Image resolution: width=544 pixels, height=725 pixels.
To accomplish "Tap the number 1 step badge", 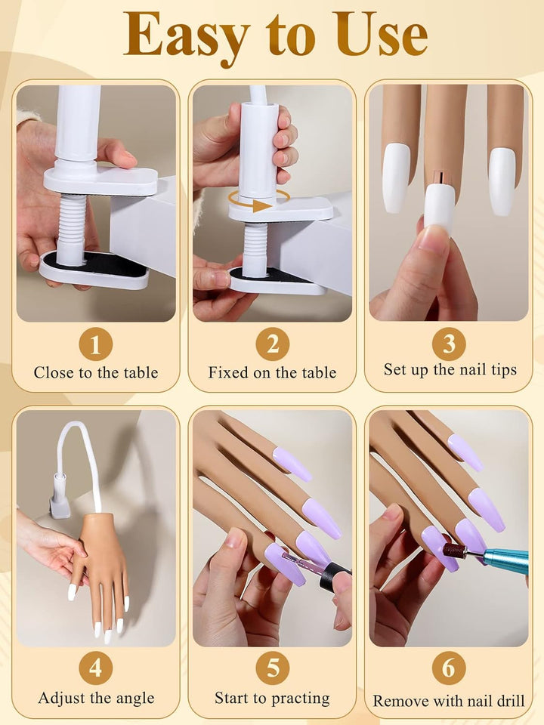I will (x=95, y=344).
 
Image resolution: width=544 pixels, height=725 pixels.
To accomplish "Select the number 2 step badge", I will (x=272, y=344).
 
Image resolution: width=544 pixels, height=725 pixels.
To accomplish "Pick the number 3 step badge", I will (x=449, y=344).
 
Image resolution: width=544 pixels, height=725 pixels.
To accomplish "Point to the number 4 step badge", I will (x=95, y=668).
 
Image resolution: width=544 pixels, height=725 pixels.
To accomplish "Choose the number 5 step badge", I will (x=272, y=668).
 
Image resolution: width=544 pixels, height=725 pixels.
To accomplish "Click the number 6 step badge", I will (x=449, y=668).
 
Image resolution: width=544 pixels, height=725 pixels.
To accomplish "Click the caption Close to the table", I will (x=95, y=372).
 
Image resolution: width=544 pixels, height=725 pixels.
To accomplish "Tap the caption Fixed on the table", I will (x=272, y=372).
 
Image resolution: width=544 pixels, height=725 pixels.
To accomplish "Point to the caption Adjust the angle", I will (x=95, y=698).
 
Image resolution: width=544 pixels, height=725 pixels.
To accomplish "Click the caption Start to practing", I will (x=272, y=698).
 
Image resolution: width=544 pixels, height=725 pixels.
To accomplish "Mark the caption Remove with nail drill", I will (x=449, y=702).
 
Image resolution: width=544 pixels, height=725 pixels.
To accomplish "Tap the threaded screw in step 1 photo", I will (x=73, y=227).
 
